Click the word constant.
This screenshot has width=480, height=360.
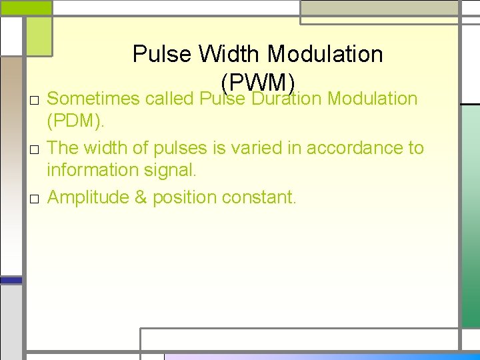tap(259, 197)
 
